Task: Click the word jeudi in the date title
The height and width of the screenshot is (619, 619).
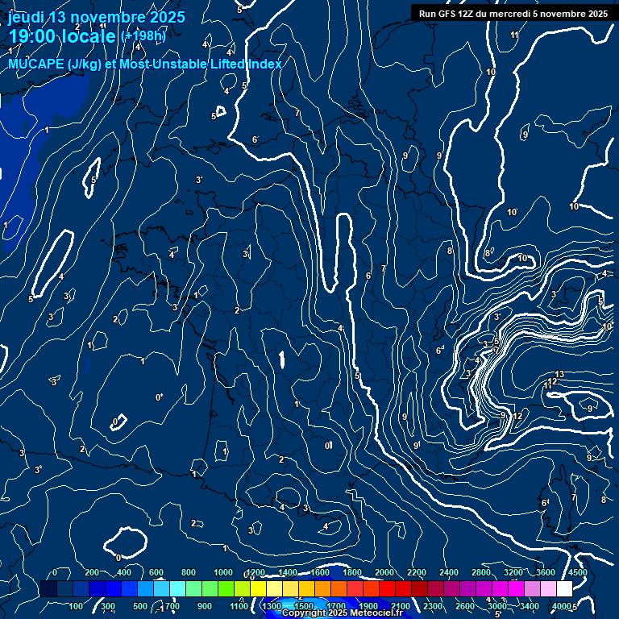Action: coord(26,17)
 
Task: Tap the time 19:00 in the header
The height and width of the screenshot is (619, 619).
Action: coord(34,35)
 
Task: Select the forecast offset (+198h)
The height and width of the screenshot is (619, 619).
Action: coord(143,36)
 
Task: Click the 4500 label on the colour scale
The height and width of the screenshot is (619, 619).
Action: coord(578,572)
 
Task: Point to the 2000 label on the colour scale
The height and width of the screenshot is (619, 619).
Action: coord(384,572)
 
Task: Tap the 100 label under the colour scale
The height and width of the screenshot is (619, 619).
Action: coord(77,605)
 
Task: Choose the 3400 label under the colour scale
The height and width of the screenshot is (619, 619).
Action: coord(530,605)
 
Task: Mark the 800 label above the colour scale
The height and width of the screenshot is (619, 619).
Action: coord(189,572)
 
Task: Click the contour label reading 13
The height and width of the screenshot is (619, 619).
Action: coord(559,374)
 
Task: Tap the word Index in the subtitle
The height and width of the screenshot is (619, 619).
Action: coord(265,64)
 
